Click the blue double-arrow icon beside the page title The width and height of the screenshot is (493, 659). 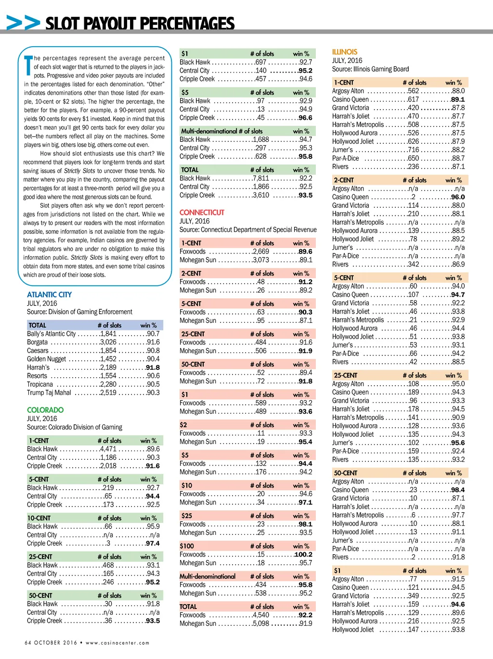pyautogui.click(x=23, y=23)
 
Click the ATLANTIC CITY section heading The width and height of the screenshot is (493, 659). pyautogui.click(x=49, y=294)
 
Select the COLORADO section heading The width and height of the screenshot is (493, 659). pyautogui.click(x=45, y=410)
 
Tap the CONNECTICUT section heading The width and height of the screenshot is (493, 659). pyautogui.click(x=202, y=212)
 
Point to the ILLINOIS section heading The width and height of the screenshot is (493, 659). pyautogui.click(x=345, y=51)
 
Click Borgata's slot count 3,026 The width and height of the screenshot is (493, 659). pyautogui.click(x=108, y=342)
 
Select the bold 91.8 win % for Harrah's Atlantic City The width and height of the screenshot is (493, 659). pyautogui.click(x=153, y=368)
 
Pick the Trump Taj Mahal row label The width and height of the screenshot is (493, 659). pyautogui.click(x=49, y=393)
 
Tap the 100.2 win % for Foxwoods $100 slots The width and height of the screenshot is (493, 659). pyautogui.click(x=303, y=554)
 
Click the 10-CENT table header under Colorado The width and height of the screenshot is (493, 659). pyautogui.click(x=39, y=518)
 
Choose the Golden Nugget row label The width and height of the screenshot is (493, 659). pyautogui.click(x=46, y=359)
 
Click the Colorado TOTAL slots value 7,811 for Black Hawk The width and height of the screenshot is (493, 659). pyautogui.click(x=261, y=178)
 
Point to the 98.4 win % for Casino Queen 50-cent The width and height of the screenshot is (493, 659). pyautogui.click(x=458, y=490)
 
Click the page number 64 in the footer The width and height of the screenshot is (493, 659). pyautogui.click(x=28, y=643)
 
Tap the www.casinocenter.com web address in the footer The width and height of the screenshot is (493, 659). pyautogui.click(x=117, y=643)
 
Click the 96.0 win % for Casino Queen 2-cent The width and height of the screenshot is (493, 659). pyautogui.click(x=458, y=197)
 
